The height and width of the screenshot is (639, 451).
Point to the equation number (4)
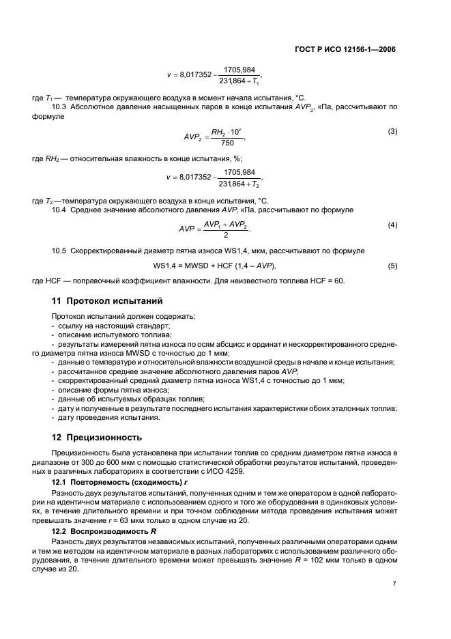[x=392, y=225]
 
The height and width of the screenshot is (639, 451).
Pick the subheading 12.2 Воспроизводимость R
[x=106, y=529]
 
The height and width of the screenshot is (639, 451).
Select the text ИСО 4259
[x=278, y=470]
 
